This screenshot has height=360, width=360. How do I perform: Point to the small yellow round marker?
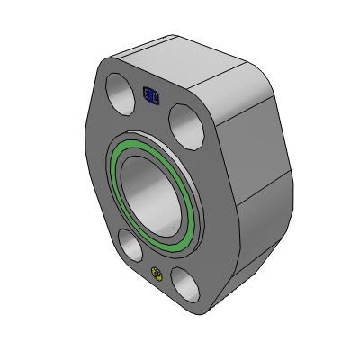[157, 274]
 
